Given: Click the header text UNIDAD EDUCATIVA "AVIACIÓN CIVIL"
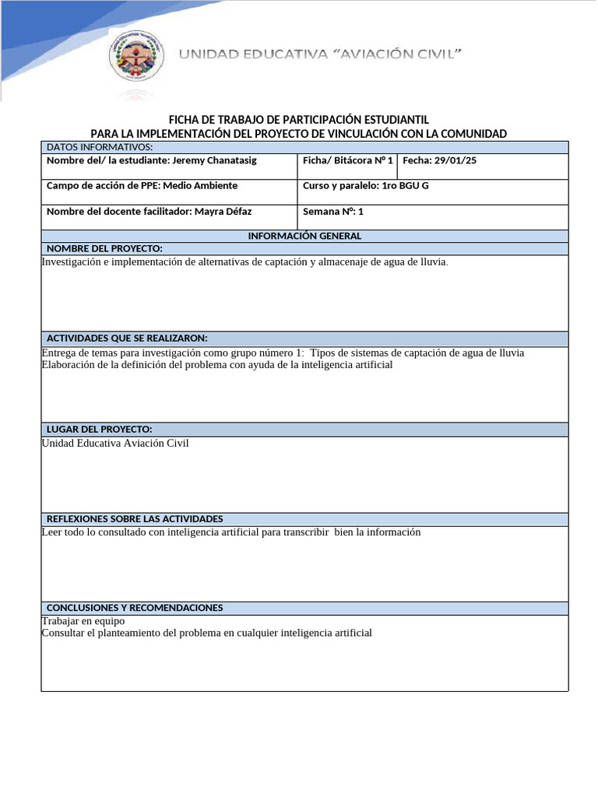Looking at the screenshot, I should (x=322, y=54).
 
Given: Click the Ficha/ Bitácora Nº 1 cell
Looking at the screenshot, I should (x=347, y=160).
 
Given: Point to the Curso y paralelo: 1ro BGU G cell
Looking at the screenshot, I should (x=365, y=186).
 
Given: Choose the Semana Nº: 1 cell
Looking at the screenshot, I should (x=332, y=212).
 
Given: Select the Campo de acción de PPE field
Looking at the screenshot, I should (x=142, y=186).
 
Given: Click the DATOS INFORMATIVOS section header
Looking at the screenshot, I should (x=100, y=147).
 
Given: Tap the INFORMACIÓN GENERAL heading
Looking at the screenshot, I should (x=304, y=236).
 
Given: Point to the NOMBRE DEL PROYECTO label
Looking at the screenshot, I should (x=104, y=248).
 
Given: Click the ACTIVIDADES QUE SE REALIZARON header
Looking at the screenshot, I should (x=127, y=339).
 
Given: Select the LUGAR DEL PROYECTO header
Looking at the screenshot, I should (x=99, y=430).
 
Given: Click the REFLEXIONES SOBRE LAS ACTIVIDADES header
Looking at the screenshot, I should (x=135, y=519).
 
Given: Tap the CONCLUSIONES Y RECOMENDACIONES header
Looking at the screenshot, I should (x=135, y=608).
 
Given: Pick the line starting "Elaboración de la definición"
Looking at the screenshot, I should (x=216, y=365).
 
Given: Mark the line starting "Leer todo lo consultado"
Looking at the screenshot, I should (x=230, y=532).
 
